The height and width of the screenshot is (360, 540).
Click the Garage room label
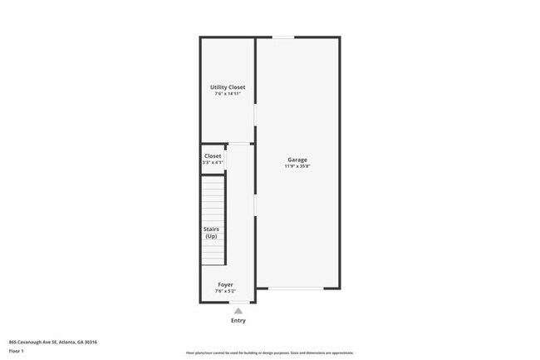coord(297,160)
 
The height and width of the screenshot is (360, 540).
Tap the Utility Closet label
coord(227,87)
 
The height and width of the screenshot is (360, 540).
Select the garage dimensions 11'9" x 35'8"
coord(297,166)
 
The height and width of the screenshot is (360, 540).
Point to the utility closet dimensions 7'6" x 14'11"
coord(227,94)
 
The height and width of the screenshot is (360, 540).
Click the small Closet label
coord(213,155)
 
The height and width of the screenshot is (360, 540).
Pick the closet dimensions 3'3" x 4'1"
coord(213,162)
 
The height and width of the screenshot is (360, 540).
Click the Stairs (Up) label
coord(211,233)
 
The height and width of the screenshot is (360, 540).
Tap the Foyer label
coord(225,284)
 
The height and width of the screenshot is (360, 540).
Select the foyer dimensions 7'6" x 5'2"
coord(225,291)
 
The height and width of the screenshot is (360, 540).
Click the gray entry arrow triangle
coord(238,310)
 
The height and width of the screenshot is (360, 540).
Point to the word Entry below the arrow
coord(238,320)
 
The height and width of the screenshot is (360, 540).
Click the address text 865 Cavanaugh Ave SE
coord(33,341)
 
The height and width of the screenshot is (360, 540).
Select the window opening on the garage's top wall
coord(284,37)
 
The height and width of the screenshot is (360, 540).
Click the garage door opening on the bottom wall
coord(296,288)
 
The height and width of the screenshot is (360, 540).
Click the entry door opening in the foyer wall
coord(238,302)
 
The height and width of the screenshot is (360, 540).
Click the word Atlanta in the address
coord(68,341)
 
